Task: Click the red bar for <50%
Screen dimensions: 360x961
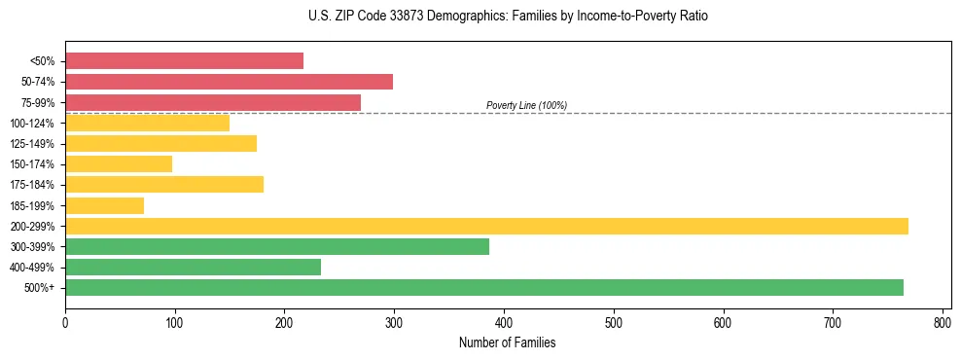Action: (x=184, y=61)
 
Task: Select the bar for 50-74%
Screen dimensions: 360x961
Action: (x=229, y=82)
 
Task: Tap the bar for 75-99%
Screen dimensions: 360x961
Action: (x=213, y=102)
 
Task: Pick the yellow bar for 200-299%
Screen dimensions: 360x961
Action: (x=486, y=226)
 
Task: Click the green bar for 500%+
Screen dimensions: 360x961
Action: (x=484, y=287)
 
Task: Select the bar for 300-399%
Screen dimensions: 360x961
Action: (x=277, y=247)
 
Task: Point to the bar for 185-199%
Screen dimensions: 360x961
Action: (x=104, y=205)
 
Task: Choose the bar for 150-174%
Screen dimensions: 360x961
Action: (x=119, y=164)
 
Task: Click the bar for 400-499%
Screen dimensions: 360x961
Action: (x=193, y=268)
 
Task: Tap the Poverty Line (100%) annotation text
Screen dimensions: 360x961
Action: (x=526, y=105)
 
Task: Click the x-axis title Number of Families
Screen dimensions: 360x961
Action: (x=507, y=342)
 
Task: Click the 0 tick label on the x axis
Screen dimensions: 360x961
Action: (x=65, y=322)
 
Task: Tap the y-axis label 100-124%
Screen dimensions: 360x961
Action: (x=33, y=124)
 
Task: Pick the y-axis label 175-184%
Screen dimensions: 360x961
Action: (x=33, y=185)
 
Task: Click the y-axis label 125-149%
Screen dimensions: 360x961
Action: (x=33, y=144)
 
